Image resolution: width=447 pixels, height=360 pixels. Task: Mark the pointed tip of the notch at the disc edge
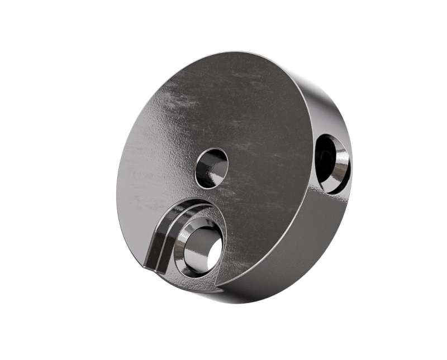click(x=145, y=267)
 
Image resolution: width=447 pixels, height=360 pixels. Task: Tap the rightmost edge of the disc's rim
click(x=352, y=167)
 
